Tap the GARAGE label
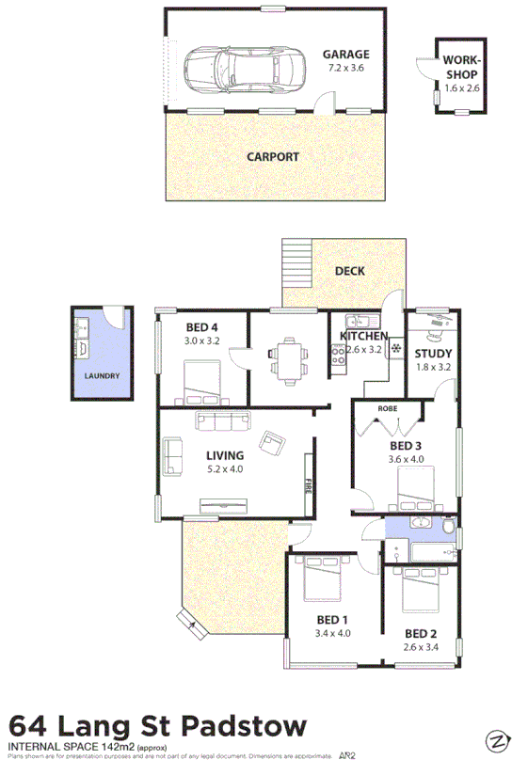pyautogui.click(x=345, y=55)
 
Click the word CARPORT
pyautogui.click(x=273, y=157)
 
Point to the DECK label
pyautogui.click(x=350, y=271)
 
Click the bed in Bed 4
pyautogui.click(x=201, y=383)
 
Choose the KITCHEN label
pyautogui.click(x=363, y=336)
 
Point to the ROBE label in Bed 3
pyautogui.click(x=386, y=409)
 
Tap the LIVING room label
pyautogui.click(x=224, y=455)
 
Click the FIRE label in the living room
pyautogui.click(x=308, y=486)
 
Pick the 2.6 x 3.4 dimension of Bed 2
pyautogui.click(x=421, y=647)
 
